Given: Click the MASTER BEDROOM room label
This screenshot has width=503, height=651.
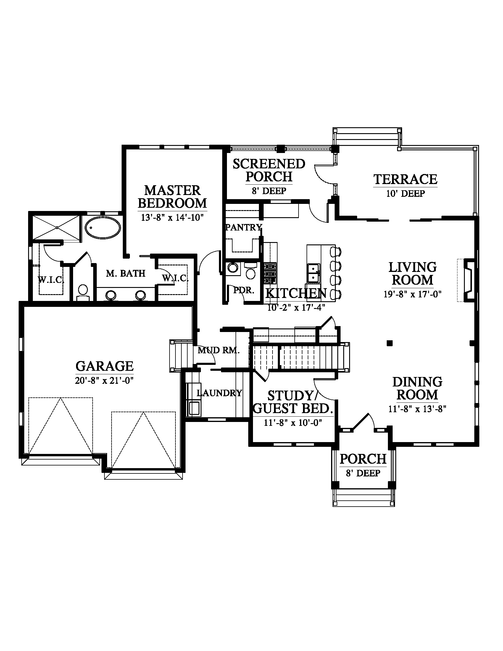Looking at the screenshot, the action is (x=172, y=197).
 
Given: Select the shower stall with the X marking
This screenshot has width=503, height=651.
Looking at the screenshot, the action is (x=57, y=228).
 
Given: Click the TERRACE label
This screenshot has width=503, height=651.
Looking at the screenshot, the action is (x=405, y=179).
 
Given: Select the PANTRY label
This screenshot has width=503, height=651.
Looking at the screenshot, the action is (x=244, y=228).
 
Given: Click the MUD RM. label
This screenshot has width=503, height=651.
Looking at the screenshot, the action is (x=218, y=350).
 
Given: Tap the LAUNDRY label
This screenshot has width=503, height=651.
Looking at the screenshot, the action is (x=219, y=393).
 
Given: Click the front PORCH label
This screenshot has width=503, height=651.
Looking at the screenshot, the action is (x=363, y=459).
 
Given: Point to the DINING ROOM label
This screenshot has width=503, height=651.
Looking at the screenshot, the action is (x=417, y=389).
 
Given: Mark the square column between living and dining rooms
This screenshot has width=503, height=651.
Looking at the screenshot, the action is (x=389, y=343).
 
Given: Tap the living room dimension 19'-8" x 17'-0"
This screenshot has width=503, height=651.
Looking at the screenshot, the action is (x=412, y=294).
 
